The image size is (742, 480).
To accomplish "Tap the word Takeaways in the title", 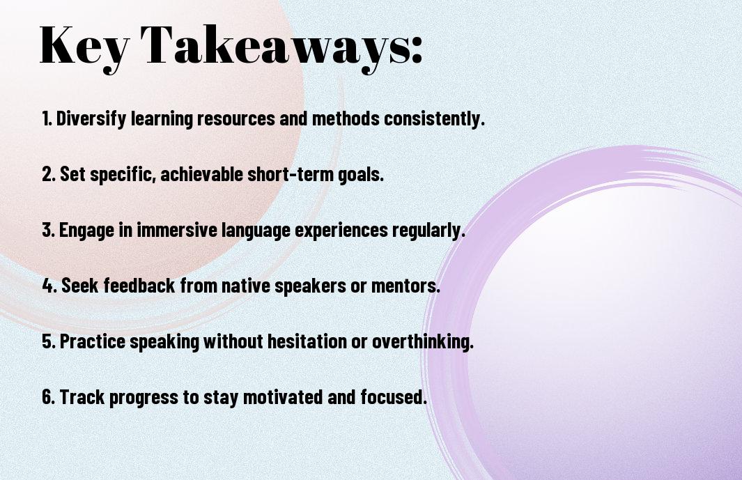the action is [275, 46].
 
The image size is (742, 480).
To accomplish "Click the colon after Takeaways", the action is [417, 50].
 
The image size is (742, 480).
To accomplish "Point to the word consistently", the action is [435, 118].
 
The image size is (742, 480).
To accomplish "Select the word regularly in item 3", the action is [428, 231].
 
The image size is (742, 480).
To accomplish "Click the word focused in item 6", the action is [394, 397].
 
